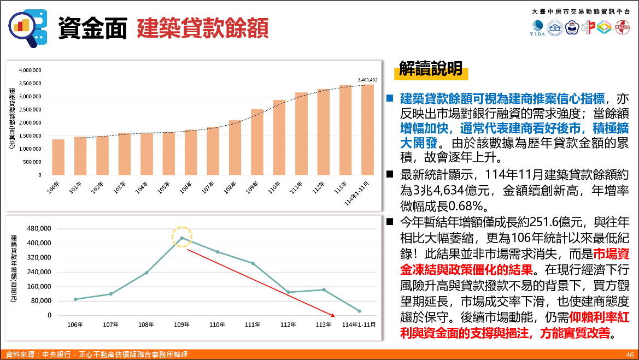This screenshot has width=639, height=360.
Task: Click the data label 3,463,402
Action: (367, 80)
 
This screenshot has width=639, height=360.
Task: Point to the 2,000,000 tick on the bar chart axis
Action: (31, 123)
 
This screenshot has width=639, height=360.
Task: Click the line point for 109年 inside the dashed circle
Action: (181, 238)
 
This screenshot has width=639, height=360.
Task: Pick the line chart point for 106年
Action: (75, 299)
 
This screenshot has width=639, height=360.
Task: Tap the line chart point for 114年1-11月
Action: (359, 311)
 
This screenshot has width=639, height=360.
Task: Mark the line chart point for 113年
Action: (324, 290)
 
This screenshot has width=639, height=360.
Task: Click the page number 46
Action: (630, 355)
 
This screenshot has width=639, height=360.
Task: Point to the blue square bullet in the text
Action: (390, 99)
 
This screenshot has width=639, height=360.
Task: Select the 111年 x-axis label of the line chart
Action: (253, 324)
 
